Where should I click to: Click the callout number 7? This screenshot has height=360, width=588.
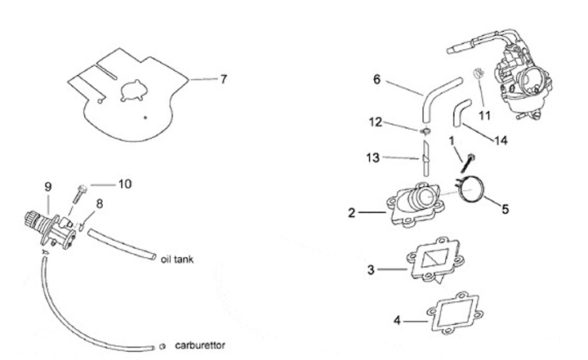click(x=223, y=79)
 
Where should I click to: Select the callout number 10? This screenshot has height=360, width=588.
click(x=124, y=184)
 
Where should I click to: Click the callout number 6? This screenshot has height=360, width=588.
click(x=377, y=79)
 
